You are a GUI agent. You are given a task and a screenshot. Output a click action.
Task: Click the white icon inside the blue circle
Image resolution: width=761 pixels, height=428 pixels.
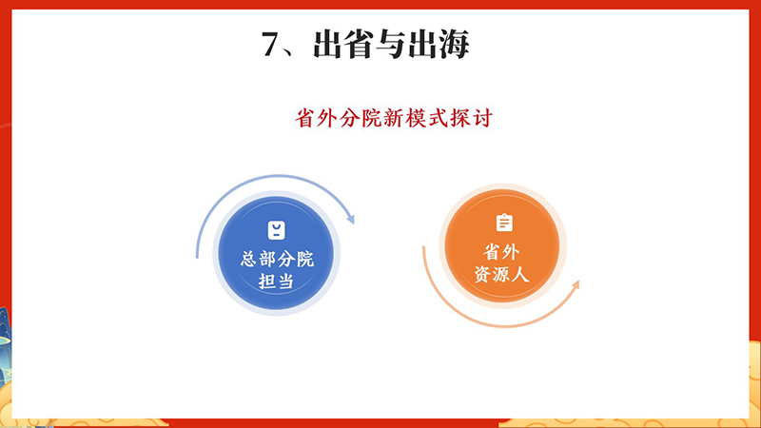276,229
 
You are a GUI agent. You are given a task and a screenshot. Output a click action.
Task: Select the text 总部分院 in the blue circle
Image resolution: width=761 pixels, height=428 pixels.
277,258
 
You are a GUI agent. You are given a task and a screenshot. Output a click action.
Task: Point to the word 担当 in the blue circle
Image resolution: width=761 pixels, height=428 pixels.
277,282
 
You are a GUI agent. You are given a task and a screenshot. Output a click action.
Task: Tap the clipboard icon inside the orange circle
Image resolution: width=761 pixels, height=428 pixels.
504,223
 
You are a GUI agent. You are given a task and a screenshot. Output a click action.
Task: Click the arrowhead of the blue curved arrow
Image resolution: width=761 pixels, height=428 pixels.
349,219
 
